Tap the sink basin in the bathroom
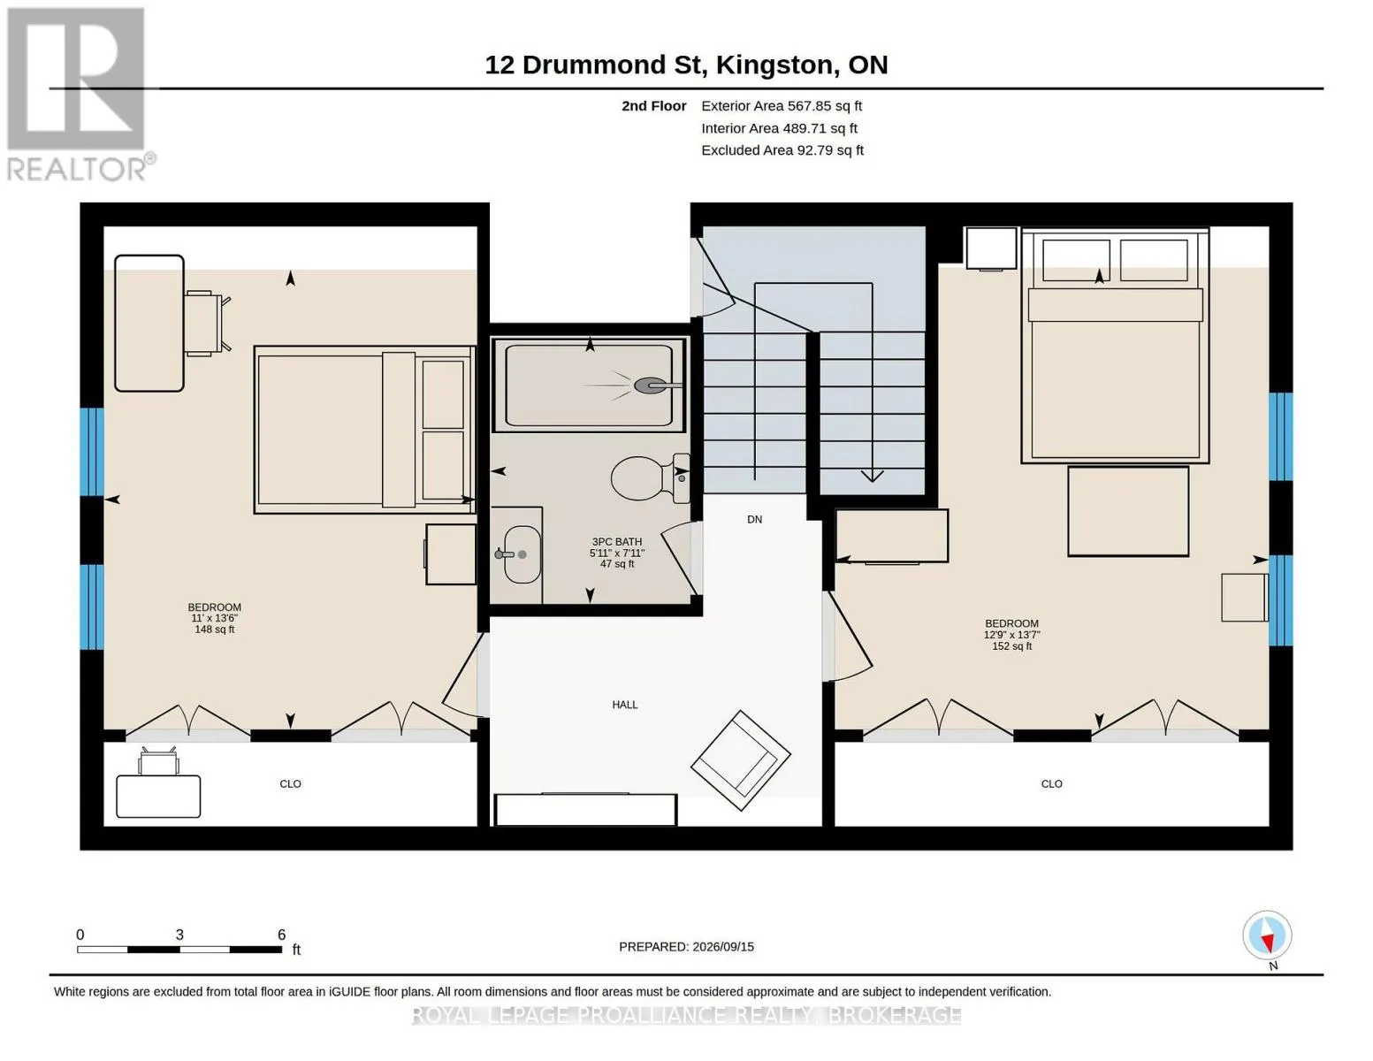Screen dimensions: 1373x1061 [x=523, y=554]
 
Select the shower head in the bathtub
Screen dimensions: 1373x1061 [x=657, y=385]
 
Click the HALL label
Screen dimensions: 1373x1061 [x=624, y=705]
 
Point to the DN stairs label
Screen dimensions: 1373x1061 [x=754, y=519]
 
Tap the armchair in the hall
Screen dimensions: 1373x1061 [x=741, y=760]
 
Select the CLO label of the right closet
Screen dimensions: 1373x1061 [x=1051, y=783]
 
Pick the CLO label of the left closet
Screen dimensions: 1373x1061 [x=290, y=783]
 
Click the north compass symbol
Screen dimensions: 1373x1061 [x=1267, y=935]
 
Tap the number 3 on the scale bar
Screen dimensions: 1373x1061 [x=179, y=935]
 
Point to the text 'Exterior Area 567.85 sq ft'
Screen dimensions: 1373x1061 [x=782, y=106]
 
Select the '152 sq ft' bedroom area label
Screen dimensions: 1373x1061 [x=1011, y=645]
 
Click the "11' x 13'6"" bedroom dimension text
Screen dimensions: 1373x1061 [x=214, y=618]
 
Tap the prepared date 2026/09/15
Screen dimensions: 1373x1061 [x=723, y=947]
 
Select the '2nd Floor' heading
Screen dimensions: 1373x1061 [x=653, y=106]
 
